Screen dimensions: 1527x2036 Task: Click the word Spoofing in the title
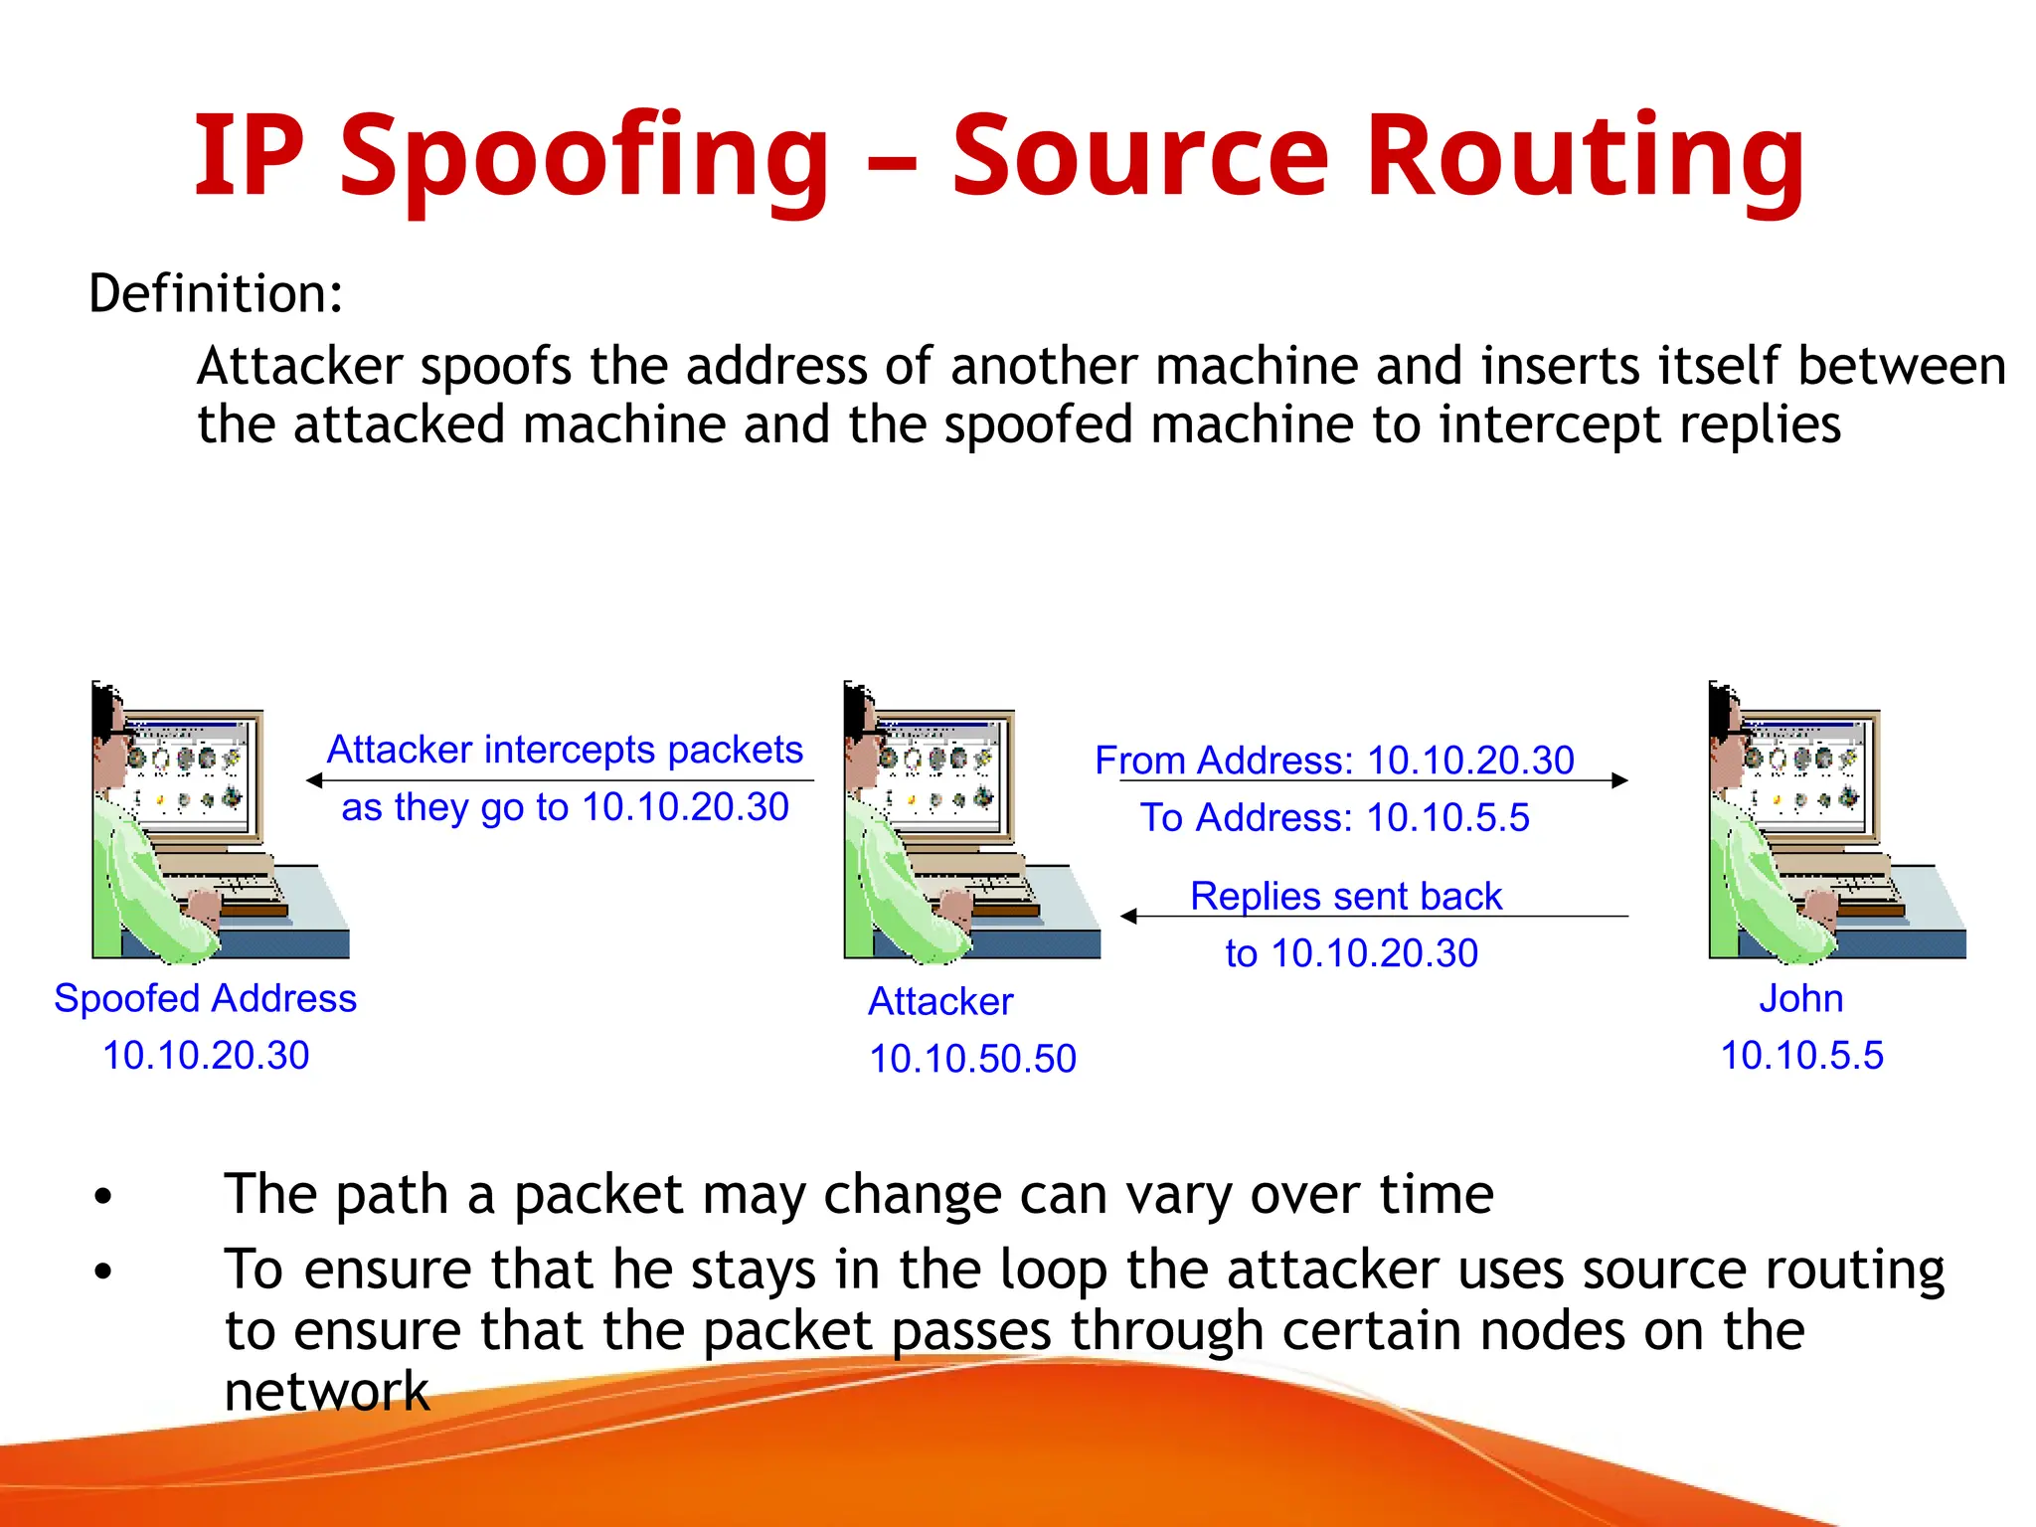[x=584, y=157]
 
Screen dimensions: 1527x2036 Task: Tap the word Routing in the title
[x=1585, y=157]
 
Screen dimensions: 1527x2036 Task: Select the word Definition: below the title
[x=216, y=294]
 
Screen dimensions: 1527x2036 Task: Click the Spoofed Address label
[x=205, y=998]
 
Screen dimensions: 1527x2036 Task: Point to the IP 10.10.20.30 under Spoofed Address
[x=206, y=1056]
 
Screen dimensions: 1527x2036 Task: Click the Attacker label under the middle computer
[x=940, y=1001]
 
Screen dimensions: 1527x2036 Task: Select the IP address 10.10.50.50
[x=972, y=1059]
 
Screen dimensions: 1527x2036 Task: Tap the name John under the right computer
[x=1800, y=998]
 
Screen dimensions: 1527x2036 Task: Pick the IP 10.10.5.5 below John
[x=1801, y=1056]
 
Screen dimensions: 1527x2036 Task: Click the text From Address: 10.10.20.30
[x=1334, y=761]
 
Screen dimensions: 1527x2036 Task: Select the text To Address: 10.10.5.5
[x=1334, y=818]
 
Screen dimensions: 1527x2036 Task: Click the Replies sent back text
[x=1346, y=897]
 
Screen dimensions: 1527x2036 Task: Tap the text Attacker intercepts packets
[x=565, y=750]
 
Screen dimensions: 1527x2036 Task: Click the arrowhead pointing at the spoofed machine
[x=314, y=781]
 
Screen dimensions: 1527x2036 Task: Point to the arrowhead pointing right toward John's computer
[x=1619, y=781]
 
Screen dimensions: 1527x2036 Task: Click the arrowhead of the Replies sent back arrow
[x=1128, y=917]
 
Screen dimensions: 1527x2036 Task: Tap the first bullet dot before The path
[x=102, y=1197]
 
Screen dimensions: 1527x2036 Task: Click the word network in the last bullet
[x=327, y=1390]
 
